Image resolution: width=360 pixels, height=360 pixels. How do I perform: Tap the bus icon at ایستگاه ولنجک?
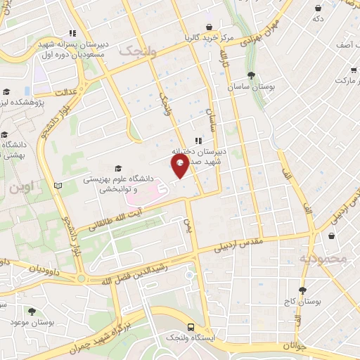pyautogui.click(x=191, y=328)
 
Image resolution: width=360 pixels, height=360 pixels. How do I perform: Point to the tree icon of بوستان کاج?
pyautogui.click(x=302, y=290)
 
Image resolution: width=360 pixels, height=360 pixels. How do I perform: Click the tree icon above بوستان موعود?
pyautogui.click(x=30, y=311)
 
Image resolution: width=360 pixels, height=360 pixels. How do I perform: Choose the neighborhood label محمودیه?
pyautogui.click(x=324, y=258)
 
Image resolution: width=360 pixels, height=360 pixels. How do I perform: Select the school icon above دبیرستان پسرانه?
pyautogui.click(x=72, y=33)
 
